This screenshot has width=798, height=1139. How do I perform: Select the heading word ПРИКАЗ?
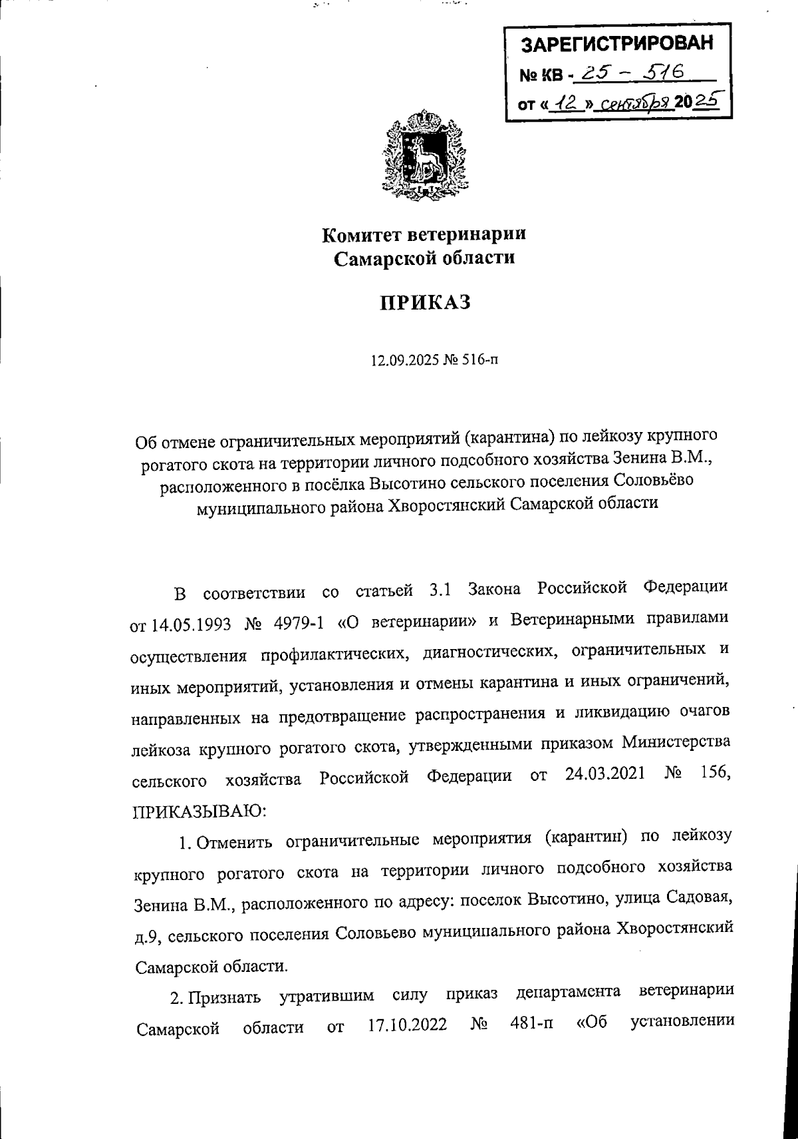click(x=425, y=303)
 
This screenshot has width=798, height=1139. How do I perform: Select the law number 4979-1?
click(x=299, y=624)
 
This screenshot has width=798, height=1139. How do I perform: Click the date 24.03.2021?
click(x=606, y=775)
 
